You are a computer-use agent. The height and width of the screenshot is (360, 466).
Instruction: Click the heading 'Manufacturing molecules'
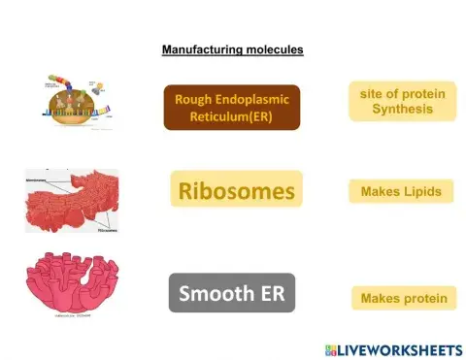pyautogui.click(x=232, y=49)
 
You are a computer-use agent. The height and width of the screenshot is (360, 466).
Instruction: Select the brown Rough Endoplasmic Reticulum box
pyautogui.click(x=231, y=107)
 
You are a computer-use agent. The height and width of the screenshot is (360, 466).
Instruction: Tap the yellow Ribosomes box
pyautogui.click(x=236, y=191)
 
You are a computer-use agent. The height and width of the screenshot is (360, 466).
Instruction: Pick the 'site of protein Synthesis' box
pyautogui.click(x=401, y=101)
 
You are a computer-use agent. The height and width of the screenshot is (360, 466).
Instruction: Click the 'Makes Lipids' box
pyautogui.click(x=401, y=191)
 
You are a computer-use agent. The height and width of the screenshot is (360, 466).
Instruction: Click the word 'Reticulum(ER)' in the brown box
pyautogui.click(x=231, y=116)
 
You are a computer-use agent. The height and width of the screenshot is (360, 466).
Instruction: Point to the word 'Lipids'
pyautogui.click(x=422, y=191)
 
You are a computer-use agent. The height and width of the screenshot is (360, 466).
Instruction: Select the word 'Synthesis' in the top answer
pyautogui.click(x=401, y=109)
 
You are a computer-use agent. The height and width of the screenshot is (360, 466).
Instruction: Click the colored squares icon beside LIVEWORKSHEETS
pyautogui.click(x=332, y=347)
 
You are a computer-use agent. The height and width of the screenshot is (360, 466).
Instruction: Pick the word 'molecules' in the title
pyautogui.click(x=274, y=49)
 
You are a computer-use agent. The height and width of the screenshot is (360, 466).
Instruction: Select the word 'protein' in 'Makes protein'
pyautogui.click(x=424, y=298)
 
